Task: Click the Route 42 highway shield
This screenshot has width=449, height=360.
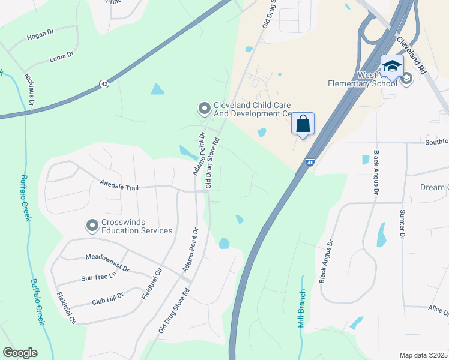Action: click(104, 84)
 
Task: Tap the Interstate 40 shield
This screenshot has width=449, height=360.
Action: click(308, 162)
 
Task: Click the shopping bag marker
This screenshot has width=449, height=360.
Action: click(303, 125)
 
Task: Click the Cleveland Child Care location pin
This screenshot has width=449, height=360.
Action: click(205, 109)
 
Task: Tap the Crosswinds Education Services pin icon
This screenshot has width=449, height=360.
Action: click(92, 226)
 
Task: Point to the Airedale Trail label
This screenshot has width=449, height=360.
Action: click(119, 187)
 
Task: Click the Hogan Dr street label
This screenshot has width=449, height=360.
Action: click(40, 37)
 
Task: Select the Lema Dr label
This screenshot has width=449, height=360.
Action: click(62, 58)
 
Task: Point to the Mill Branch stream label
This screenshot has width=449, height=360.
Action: click(301, 307)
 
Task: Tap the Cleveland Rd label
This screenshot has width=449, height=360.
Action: click(411, 55)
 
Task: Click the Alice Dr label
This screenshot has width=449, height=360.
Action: click(438, 310)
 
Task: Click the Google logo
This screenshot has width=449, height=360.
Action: click(20, 352)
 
